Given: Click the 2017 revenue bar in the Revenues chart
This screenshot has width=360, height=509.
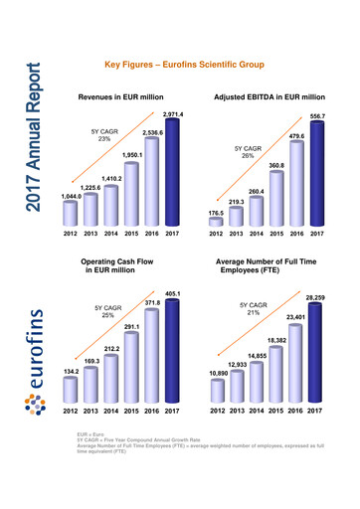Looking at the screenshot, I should pyautogui.click(x=173, y=176).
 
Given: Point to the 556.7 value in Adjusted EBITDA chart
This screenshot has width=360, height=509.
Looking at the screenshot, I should pyautogui.click(x=317, y=117).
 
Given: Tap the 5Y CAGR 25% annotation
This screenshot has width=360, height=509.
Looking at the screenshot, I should pyautogui.click(x=106, y=312).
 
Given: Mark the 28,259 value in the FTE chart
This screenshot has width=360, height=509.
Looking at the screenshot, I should pyautogui.click(x=315, y=297).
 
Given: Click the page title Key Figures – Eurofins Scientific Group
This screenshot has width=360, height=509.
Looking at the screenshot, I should pyautogui.click(x=183, y=65).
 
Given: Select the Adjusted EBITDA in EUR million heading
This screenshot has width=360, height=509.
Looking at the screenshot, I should pyautogui.click(x=270, y=97).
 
